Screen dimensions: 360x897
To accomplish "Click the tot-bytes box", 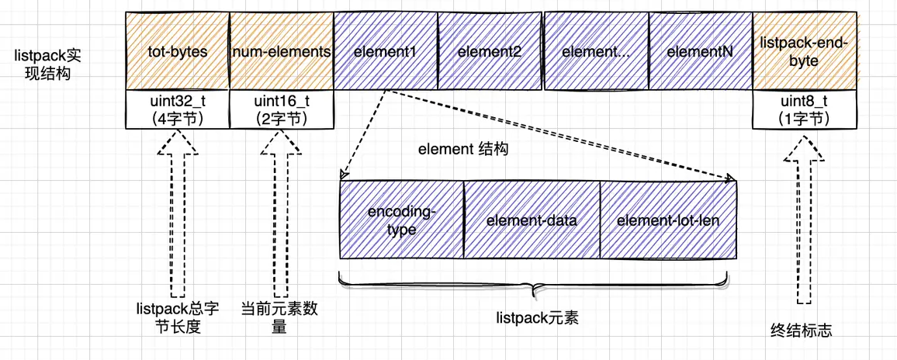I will (x=178, y=51).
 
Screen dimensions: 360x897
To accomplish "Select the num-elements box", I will (x=282, y=51).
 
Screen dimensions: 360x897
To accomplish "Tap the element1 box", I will (x=385, y=51).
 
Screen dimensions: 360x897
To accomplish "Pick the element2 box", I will (x=489, y=51).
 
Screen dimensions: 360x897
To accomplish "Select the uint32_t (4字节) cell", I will (x=178, y=109).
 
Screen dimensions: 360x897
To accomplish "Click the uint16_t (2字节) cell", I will (x=282, y=109).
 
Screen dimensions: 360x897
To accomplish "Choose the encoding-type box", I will (x=401, y=220).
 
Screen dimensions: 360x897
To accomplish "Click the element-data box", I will (x=532, y=220).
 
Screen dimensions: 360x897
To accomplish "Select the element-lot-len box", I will (x=668, y=220).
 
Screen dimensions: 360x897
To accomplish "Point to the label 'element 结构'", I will (x=463, y=150).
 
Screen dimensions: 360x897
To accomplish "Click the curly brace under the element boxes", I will (x=534, y=286).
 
